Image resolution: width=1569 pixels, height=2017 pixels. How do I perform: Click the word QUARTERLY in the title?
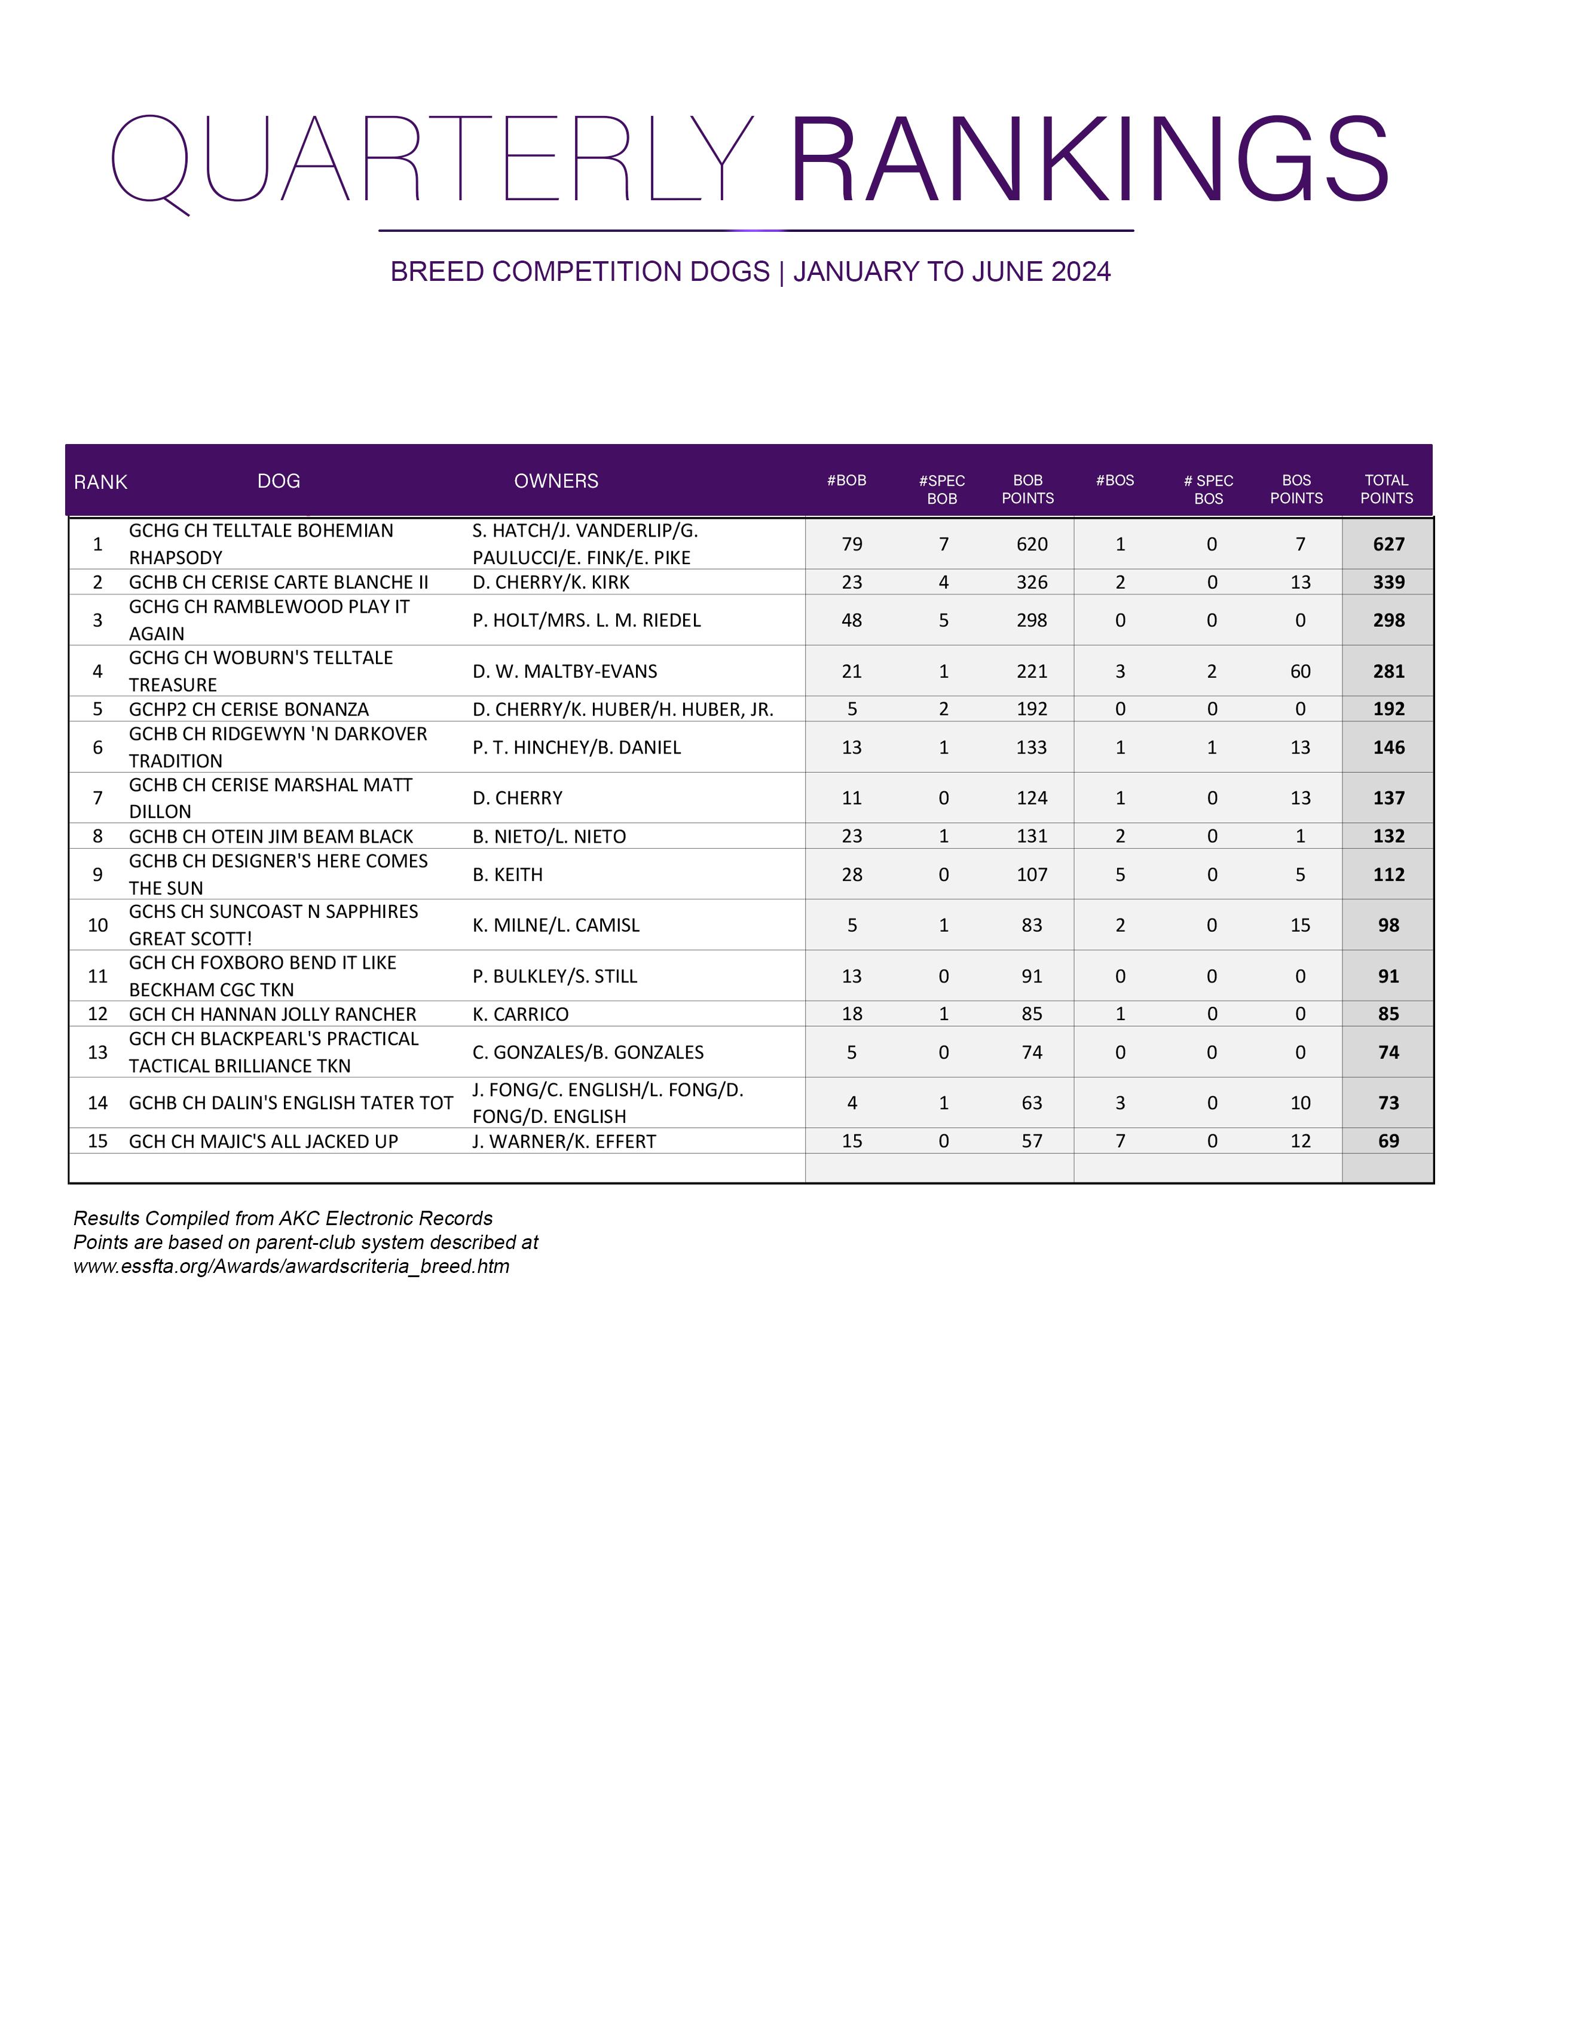[432, 161]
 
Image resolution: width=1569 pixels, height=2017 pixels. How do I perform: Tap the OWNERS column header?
[556, 481]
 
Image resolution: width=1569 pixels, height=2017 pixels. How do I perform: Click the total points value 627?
[1388, 544]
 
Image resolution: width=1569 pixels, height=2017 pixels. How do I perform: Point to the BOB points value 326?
[1032, 582]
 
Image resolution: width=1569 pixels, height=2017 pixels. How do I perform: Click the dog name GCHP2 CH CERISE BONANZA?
[249, 709]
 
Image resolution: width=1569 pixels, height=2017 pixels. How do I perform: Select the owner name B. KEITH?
[507, 874]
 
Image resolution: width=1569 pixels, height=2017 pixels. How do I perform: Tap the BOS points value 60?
[1299, 671]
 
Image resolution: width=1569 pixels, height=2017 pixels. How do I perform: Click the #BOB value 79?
[852, 544]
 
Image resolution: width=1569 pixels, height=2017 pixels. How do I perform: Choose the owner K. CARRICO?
[520, 1014]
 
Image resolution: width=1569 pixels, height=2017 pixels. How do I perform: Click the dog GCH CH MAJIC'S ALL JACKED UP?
[263, 1141]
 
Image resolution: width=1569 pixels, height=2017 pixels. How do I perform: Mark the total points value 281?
[1388, 671]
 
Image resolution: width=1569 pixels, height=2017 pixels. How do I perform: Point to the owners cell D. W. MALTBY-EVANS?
[564, 671]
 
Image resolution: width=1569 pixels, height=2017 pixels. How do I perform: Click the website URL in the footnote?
[291, 1266]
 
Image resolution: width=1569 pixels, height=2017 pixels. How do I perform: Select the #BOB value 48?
[852, 620]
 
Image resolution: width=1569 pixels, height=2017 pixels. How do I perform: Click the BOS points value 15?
[1299, 925]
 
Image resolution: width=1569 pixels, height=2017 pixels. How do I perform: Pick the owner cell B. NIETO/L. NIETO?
[549, 837]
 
